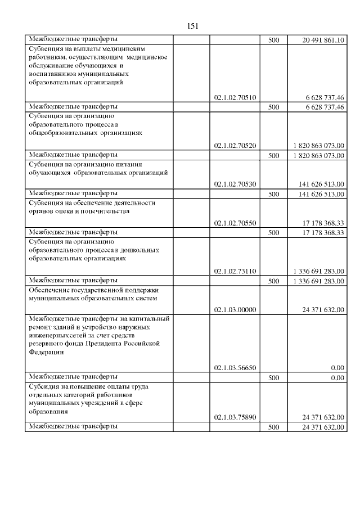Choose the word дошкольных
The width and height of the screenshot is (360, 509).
[141, 250]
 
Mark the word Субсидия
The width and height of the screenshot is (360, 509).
[44, 386]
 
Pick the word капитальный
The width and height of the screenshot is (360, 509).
[148, 319]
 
